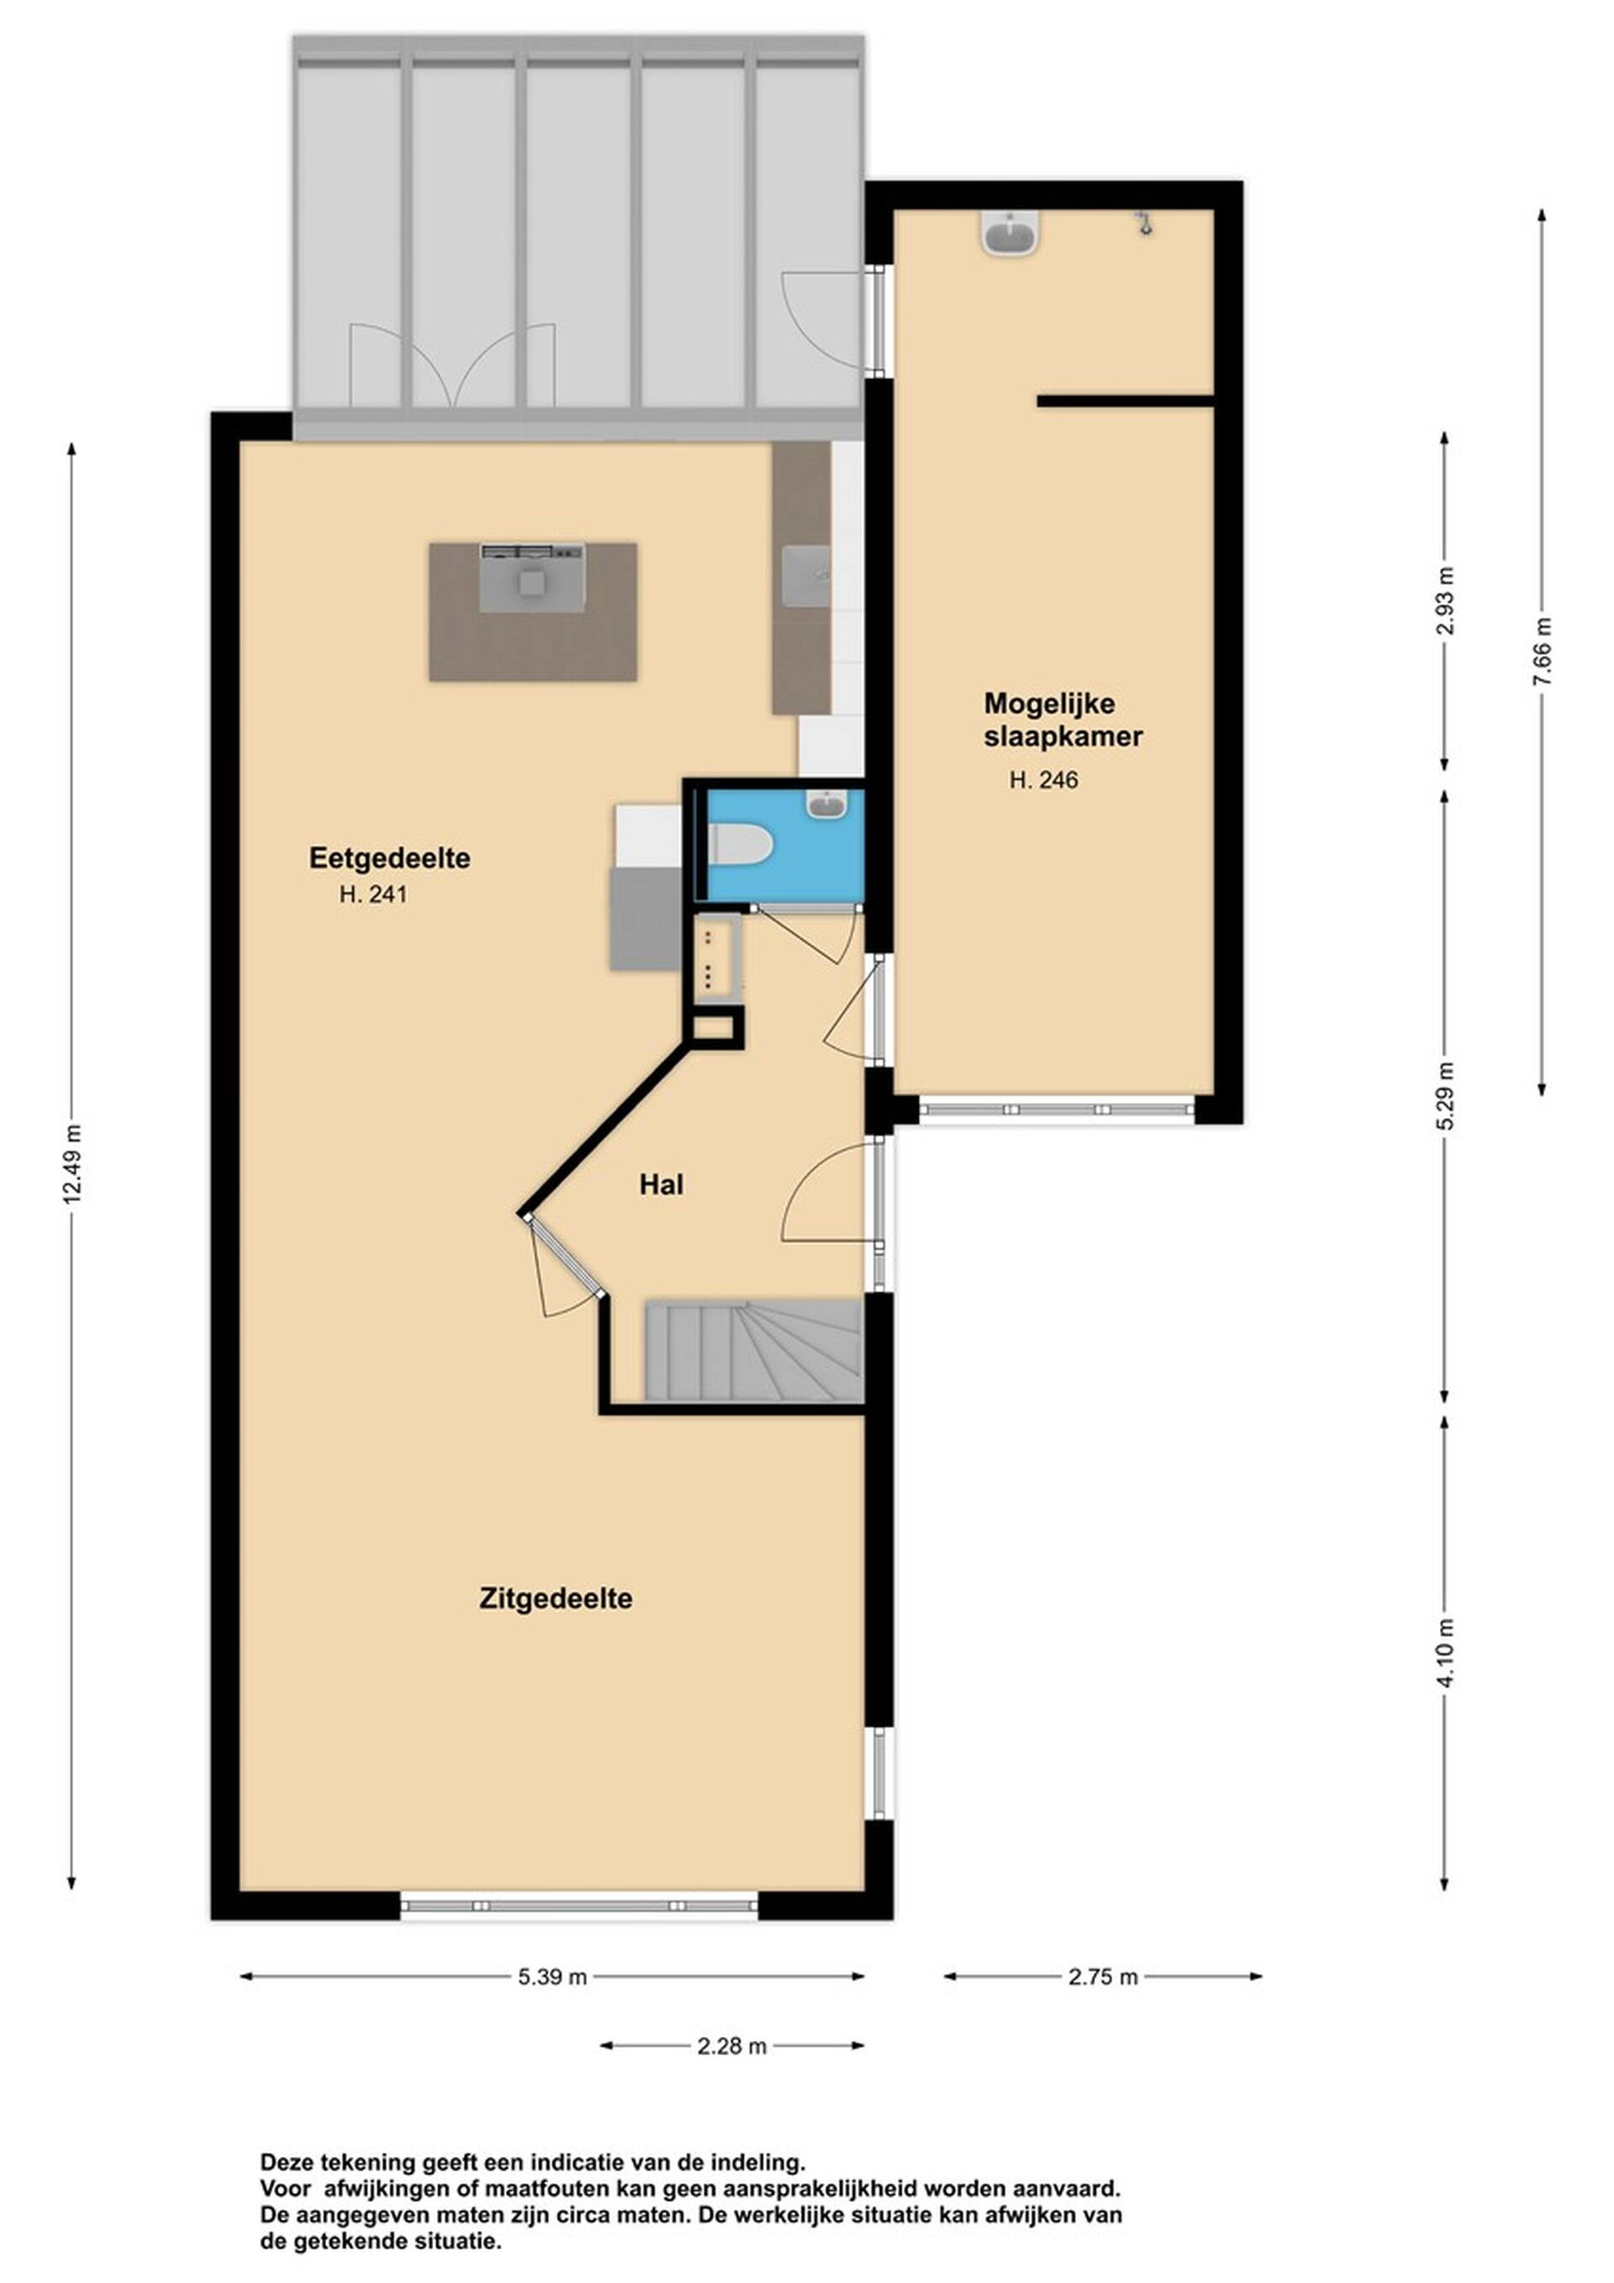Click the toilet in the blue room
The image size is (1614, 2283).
740,845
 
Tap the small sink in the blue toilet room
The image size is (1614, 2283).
826,804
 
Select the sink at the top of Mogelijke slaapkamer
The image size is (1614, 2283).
1010,234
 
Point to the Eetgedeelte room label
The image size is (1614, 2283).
390,858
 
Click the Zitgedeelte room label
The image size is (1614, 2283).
556,1598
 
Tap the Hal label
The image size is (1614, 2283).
662,1184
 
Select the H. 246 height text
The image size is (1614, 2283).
1043,781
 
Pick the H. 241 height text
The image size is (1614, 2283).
373,894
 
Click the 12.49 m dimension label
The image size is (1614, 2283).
71,1163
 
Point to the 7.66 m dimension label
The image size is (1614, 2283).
1542,651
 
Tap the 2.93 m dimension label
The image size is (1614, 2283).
1445,600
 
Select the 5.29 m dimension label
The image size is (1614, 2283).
1445,1094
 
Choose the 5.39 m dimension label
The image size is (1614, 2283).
552,1977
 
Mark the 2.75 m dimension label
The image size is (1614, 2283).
1103,1977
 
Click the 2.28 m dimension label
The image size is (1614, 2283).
732,2045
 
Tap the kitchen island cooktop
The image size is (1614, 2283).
532,577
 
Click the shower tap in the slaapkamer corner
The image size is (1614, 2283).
1146,223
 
